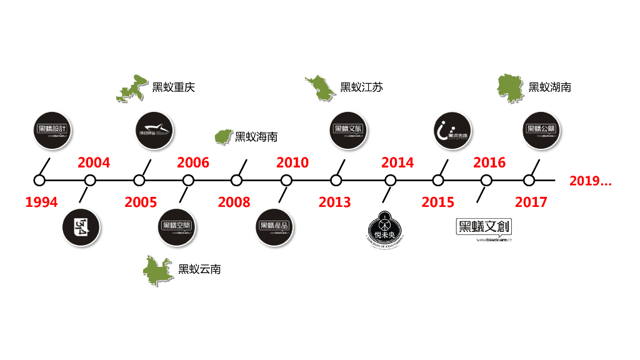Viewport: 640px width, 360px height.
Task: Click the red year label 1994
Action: click(41, 202)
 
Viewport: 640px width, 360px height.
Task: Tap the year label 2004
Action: click(94, 163)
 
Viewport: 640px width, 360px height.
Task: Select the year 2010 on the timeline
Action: click(292, 163)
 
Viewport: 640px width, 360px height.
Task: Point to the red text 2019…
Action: click(591, 181)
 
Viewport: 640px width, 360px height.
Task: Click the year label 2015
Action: click(437, 202)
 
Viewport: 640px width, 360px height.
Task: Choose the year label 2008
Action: click(234, 202)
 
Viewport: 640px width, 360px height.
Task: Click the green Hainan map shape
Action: click(222, 137)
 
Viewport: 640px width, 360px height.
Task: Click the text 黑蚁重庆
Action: click(174, 87)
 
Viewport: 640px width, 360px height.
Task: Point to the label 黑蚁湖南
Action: click(549, 87)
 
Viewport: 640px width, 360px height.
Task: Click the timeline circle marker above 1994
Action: click(39, 181)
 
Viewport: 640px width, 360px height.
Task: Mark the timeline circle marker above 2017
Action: click(529, 181)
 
